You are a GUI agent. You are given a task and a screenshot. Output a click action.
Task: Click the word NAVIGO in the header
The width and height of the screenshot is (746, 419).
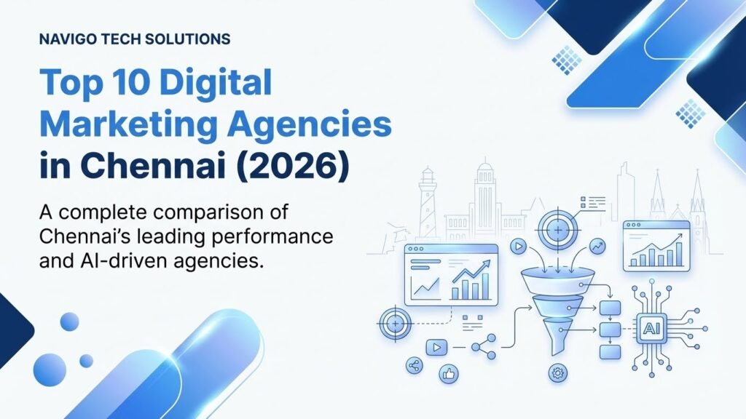point(66,40)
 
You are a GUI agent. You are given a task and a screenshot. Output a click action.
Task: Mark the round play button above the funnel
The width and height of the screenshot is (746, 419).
point(519,245)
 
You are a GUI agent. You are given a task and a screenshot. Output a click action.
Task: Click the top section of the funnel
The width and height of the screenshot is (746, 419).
point(558,280)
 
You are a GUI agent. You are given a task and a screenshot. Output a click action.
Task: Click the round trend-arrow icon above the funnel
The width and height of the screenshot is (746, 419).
point(597,246)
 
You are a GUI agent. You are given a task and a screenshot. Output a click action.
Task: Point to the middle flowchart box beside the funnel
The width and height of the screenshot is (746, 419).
point(609,329)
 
